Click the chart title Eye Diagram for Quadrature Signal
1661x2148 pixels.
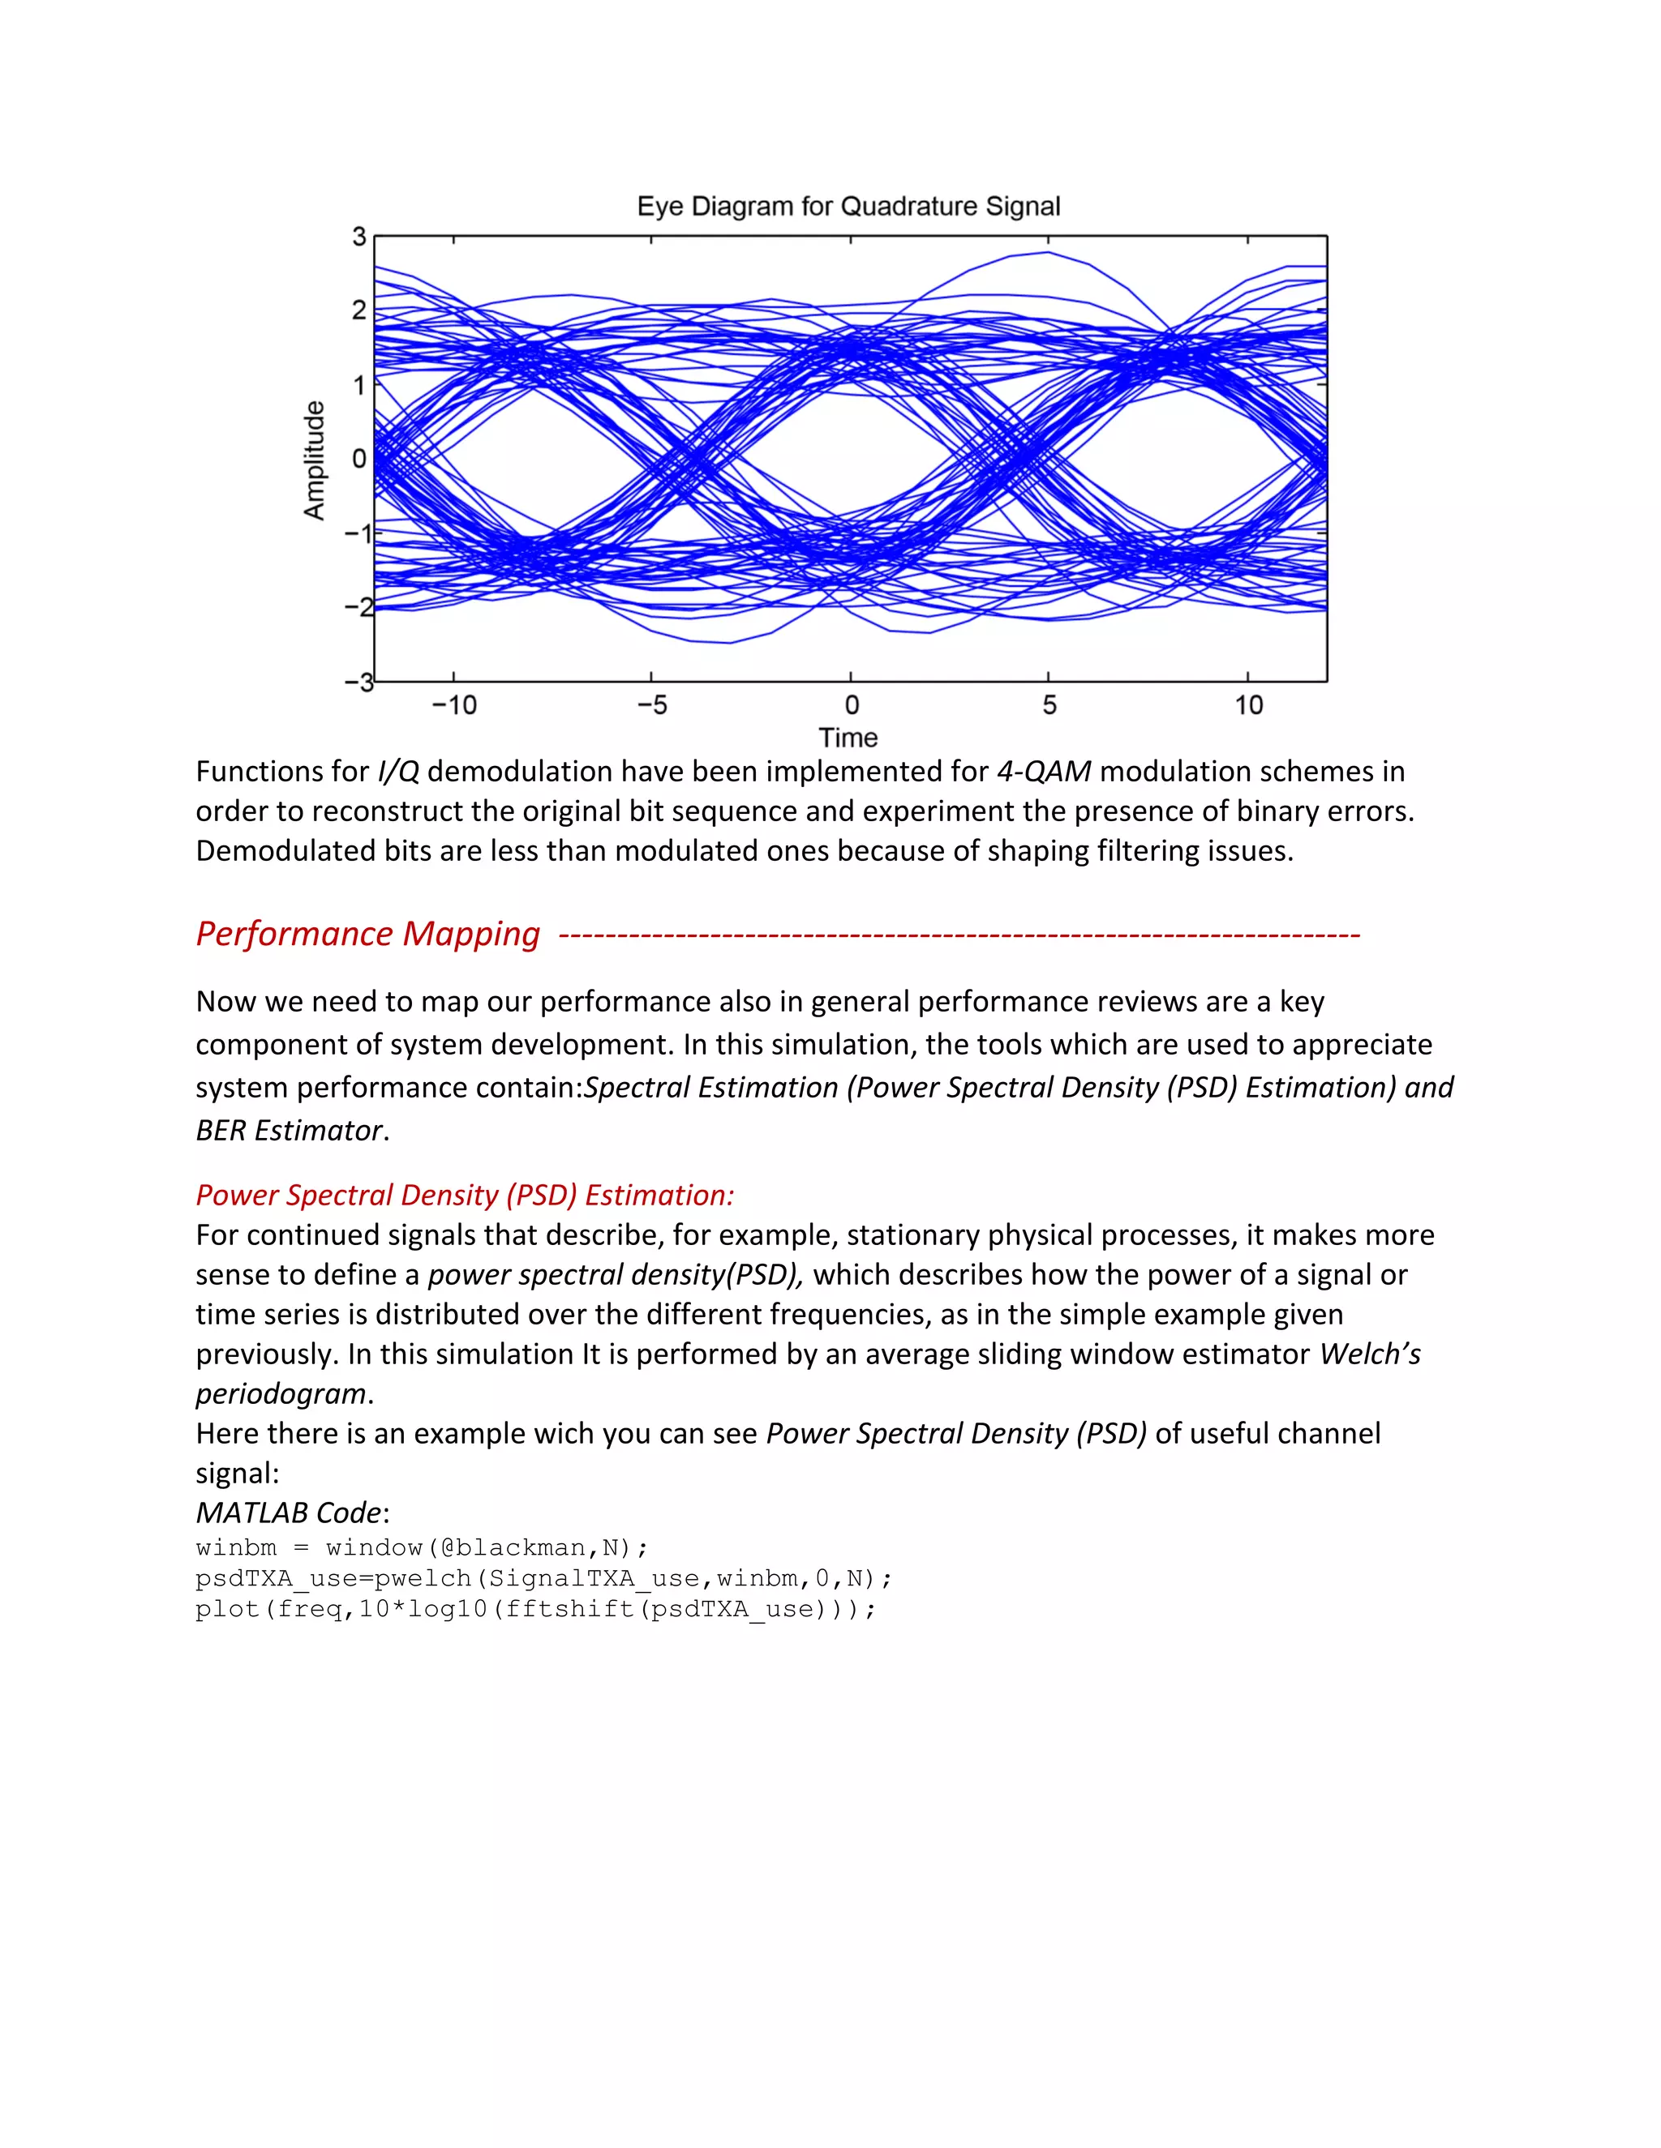click(x=848, y=207)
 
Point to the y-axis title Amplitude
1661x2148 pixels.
click(x=314, y=460)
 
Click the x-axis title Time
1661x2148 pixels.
click(x=848, y=738)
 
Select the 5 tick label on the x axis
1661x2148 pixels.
click(x=1049, y=705)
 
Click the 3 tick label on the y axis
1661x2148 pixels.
click(x=359, y=237)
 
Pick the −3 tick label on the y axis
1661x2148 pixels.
click(x=356, y=682)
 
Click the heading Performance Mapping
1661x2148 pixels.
click(x=368, y=933)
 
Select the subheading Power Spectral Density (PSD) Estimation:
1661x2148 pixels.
click(x=465, y=1195)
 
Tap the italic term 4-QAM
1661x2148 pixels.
click(x=1043, y=771)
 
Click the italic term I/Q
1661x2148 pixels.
click(x=398, y=771)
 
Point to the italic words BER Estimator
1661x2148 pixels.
click(x=288, y=1130)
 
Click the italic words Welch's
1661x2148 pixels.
click(x=1370, y=1354)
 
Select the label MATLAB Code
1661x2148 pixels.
click(x=288, y=1512)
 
